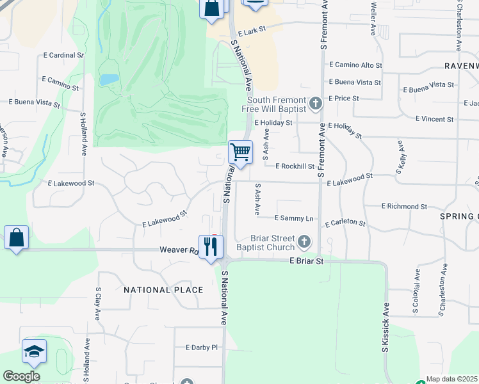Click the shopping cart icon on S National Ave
coord(240,153)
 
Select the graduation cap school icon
coord(34,351)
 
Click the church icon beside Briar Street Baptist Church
coord(304,243)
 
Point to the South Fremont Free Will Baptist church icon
coord(315,103)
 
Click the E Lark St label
coord(251,32)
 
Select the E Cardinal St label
coord(63,56)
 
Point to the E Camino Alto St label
coord(355,65)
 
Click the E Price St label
coord(343,99)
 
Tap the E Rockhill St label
coord(295,166)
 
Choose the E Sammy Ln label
coord(293,218)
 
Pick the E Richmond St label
coord(403,207)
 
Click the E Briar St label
coord(307,261)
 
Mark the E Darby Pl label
coord(202,348)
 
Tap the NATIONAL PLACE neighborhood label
coord(163,290)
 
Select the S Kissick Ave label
coord(386,327)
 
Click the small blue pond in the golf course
coord(109,80)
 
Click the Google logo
coord(21,376)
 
